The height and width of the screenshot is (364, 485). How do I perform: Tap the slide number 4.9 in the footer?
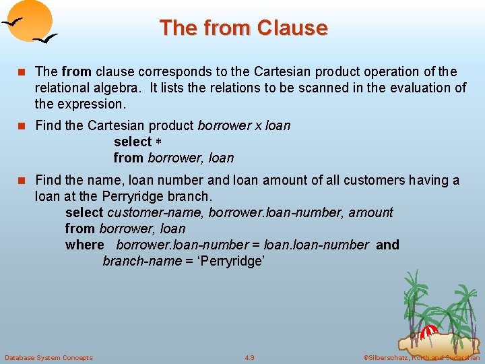(250, 357)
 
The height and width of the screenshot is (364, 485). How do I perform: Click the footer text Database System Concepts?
(48, 357)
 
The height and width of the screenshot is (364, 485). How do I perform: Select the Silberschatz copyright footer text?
(421, 357)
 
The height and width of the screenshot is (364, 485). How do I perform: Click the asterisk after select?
(160, 142)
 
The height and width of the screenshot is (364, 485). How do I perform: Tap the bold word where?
(85, 245)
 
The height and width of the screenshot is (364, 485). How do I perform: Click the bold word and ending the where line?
(387, 245)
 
